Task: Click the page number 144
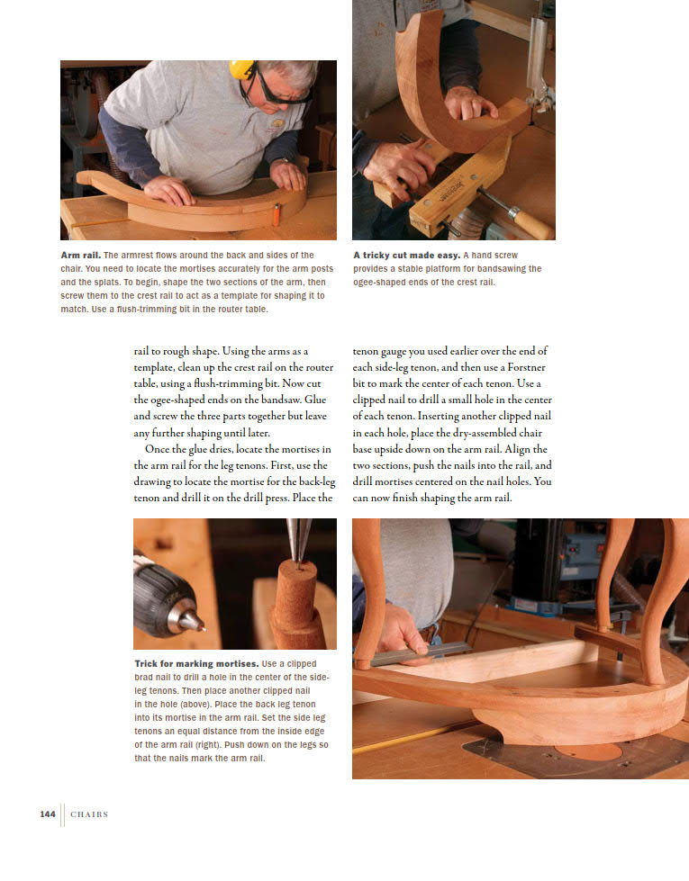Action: click(48, 814)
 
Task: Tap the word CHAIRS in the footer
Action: click(89, 814)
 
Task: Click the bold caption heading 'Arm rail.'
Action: click(80, 255)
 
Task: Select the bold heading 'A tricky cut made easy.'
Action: click(407, 255)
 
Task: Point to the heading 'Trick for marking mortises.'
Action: click(196, 663)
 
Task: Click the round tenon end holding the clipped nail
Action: click(297, 572)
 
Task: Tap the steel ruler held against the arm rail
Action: click(419, 655)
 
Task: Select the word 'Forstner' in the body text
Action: click(526, 367)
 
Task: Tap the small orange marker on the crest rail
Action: click(277, 213)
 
